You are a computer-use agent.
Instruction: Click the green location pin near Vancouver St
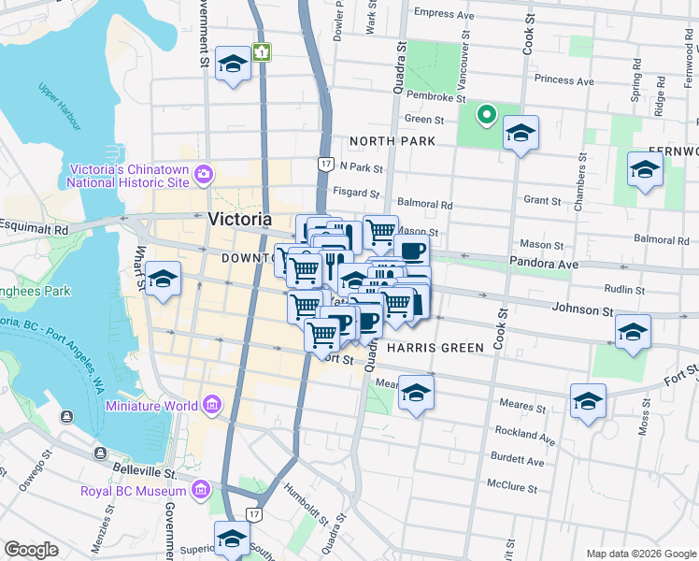[x=486, y=116]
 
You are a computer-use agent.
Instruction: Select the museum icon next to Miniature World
[x=212, y=405]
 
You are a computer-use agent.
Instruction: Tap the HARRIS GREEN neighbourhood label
[x=435, y=348]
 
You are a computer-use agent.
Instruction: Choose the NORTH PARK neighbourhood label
[x=392, y=141]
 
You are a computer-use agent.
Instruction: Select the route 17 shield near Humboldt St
[x=253, y=514]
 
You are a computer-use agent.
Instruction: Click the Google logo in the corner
[x=32, y=550]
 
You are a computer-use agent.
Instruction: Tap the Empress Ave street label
[x=445, y=13]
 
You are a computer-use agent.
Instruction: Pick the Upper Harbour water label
[x=61, y=102]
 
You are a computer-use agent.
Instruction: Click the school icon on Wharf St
[x=164, y=280]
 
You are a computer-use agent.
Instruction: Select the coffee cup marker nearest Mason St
[x=410, y=250]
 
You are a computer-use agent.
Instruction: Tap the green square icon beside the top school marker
[x=264, y=52]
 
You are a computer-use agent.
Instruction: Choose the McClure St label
[x=512, y=487]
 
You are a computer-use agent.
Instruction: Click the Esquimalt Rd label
[x=35, y=227]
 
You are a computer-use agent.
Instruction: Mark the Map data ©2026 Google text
[x=639, y=554]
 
